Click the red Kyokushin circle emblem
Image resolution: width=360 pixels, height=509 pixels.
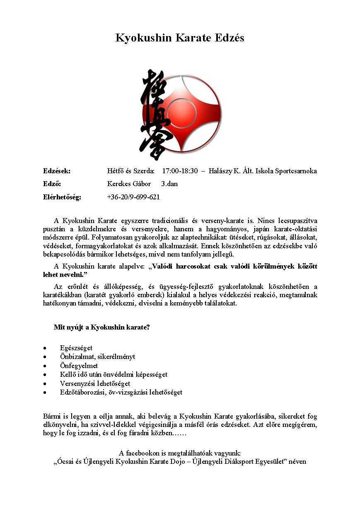188,113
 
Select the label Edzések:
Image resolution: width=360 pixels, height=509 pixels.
57,171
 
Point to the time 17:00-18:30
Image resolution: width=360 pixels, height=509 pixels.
180,171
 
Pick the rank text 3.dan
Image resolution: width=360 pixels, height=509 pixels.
169,184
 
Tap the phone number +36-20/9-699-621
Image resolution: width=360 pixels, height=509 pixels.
133,197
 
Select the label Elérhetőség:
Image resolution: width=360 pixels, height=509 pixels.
62,197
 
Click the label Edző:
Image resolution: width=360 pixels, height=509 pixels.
52,184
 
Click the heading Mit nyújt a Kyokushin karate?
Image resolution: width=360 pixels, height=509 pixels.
101,327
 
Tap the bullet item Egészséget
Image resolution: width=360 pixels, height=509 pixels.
76,348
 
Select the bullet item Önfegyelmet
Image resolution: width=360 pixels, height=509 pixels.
79,366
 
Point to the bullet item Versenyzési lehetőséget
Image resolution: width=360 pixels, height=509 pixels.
95,383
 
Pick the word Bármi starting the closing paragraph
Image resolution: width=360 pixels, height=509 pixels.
52,416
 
